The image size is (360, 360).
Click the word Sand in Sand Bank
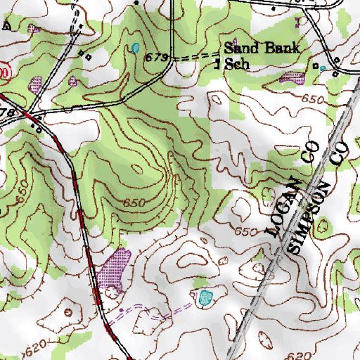tap(240, 49)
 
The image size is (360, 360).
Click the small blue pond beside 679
tap(134, 49)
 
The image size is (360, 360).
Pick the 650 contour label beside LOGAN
tap(245, 231)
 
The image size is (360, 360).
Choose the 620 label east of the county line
tap(298, 356)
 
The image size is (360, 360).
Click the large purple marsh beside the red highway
tap(114, 269)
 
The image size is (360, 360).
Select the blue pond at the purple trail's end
tap(206, 297)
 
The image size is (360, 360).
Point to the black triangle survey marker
tap(7, 26)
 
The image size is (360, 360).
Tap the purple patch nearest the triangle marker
tap(34, 29)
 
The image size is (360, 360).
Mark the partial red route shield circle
tap(4, 72)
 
